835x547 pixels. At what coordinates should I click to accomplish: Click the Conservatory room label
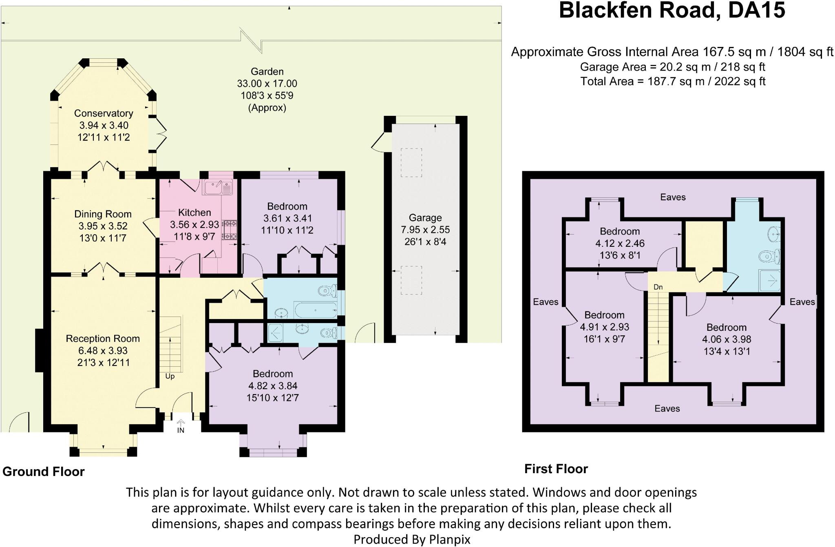104,113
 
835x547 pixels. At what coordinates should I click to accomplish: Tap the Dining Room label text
103,214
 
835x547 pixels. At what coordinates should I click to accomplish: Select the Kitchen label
194,213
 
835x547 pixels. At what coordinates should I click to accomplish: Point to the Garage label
425,218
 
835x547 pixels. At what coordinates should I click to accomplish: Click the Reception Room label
103,339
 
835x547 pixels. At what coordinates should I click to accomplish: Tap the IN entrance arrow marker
181,426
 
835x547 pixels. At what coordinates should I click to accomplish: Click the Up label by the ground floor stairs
170,376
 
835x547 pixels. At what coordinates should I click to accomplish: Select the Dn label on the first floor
658,287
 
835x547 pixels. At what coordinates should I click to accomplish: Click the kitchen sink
218,187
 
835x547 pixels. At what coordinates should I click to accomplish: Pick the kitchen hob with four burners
230,230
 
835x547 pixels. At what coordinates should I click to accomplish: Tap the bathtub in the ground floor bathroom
316,310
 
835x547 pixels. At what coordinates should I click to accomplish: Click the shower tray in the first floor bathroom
769,280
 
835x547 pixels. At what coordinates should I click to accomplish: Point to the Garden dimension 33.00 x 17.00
267,84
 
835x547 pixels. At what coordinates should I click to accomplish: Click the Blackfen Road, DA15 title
672,11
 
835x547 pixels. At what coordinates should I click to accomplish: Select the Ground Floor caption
44,472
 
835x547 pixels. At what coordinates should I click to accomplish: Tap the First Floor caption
556,469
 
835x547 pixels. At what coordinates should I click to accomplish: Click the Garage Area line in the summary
673,67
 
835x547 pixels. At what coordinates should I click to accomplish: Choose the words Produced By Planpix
412,540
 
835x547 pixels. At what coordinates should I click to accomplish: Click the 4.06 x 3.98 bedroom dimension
727,339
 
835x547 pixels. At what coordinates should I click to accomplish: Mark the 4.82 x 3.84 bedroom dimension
273,386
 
